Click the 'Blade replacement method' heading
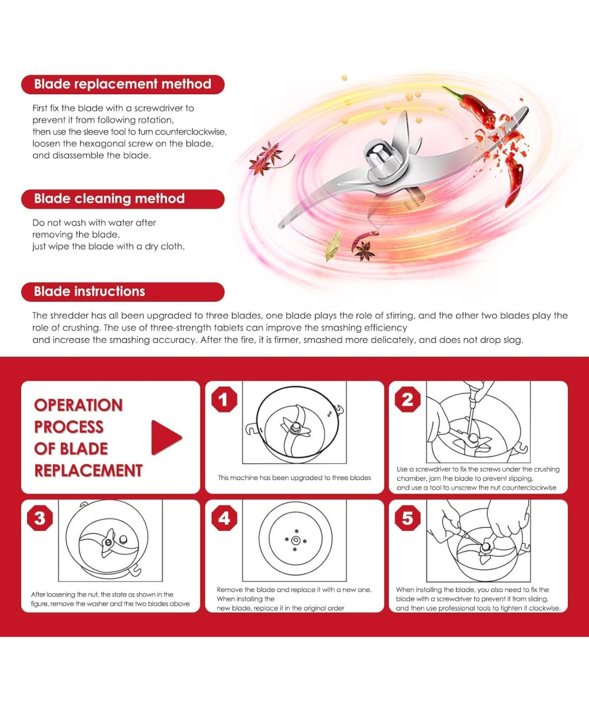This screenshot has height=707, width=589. coord(123,84)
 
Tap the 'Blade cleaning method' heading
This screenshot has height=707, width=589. coord(110,199)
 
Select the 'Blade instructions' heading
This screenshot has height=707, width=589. coord(90,292)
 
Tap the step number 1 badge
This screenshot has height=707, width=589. coord(224,399)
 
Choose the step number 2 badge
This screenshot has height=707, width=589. coord(408,399)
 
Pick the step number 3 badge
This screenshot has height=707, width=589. coord(40,518)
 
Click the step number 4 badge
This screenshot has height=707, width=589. coord(224,518)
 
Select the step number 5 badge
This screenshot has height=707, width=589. coord(408,518)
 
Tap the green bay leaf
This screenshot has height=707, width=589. coord(333,246)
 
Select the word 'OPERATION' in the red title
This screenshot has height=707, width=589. coord(78,405)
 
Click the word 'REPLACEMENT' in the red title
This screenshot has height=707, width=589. coord(88,471)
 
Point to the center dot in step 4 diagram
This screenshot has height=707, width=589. coord(296,540)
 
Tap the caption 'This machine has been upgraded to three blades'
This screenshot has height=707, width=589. coord(294,478)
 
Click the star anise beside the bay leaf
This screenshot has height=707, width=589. coord(364,250)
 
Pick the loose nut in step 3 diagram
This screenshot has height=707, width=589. coord(123,538)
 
